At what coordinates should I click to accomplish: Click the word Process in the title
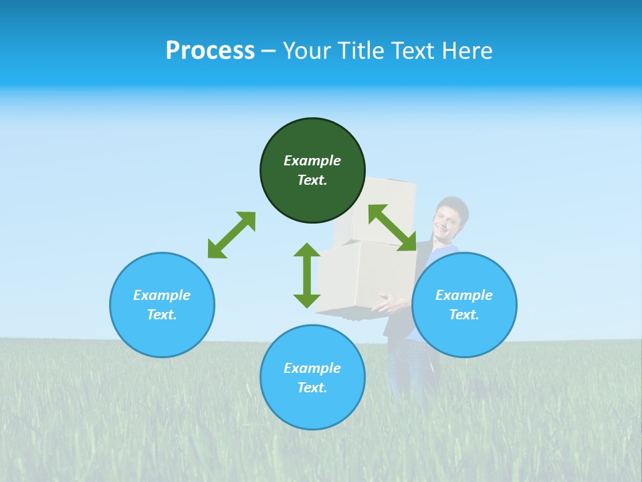[x=210, y=51]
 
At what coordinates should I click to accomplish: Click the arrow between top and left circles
[x=231, y=235]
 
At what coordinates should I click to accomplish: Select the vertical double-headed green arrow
[x=307, y=275]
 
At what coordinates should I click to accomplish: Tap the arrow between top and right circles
[x=392, y=228]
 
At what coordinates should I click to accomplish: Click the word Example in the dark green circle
[x=312, y=161]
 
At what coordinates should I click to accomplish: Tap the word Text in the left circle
[x=162, y=315]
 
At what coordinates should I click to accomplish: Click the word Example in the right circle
[x=464, y=295]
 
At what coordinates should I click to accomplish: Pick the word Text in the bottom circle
[x=312, y=388]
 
